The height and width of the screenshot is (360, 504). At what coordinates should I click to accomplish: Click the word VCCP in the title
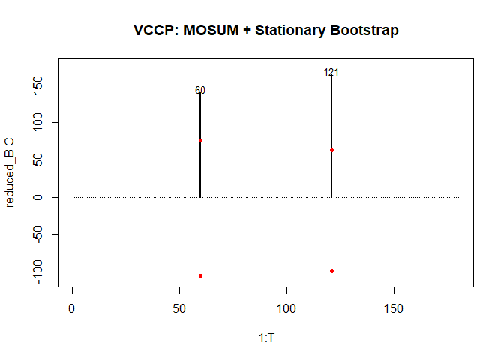click(x=151, y=31)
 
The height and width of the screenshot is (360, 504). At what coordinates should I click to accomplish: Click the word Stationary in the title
click(x=288, y=31)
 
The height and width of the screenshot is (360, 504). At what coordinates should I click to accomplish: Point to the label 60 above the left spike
click(x=200, y=91)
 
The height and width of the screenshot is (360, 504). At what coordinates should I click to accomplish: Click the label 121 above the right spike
click(x=331, y=73)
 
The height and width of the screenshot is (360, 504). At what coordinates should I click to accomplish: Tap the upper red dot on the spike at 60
click(x=200, y=140)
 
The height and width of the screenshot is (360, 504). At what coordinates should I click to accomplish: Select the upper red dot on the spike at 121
click(x=331, y=150)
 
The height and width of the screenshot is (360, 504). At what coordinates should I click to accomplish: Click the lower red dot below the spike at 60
click(x=200, y=275)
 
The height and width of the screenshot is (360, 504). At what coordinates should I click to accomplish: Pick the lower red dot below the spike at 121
click(x=331, y=271)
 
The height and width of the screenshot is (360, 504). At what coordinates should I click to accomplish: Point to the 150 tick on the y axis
click(x=35, y=85)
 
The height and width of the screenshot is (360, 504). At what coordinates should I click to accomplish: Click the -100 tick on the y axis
click(x=35, y=271)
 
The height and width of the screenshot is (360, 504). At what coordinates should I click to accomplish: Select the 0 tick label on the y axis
click(x=35, y=197)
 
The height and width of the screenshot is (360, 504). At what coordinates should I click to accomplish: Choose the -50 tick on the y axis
click(x=35, y=234)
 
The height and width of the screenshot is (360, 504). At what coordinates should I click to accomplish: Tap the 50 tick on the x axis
click(x=179, y=307)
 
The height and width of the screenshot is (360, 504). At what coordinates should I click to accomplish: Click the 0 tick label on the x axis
click(x=72, y=307)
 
